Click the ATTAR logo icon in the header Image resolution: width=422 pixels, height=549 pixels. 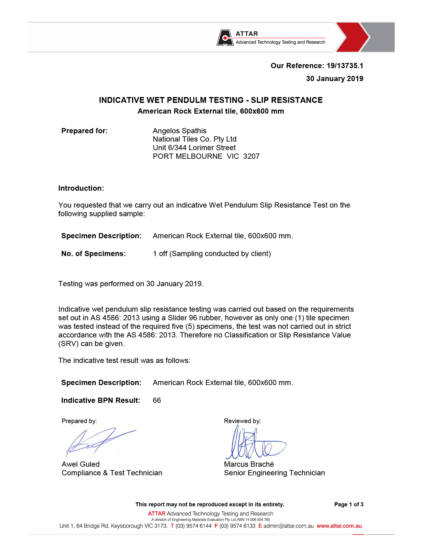pyautogui.click(x=224, y=38)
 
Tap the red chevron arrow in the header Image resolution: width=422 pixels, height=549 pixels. pyautogui.click(x=352, y=37)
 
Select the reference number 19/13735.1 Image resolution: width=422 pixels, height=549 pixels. pyautogui.click(x=345, y=66)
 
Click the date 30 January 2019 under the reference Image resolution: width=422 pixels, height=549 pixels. pyautogui.click(x=335, y=79)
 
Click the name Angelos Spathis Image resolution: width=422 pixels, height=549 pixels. pyautogui.click(x=180, y=131)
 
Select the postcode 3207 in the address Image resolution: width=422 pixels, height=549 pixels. pyautogui.click(x=251, y=156)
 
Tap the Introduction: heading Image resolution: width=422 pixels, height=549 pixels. pyautogui.click(x=81, y=188)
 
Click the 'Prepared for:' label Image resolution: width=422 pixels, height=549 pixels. pyautogui.click(x=84, y=131)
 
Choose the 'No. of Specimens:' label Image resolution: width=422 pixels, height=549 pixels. pyautogui.click(x=93, y=254)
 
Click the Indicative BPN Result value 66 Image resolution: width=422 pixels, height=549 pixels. pyautogui.click(x=157, y=400)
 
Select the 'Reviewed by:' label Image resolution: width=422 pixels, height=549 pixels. pyautogui.click(x=242, y=421)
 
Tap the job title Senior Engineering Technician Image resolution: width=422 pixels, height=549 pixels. pyautogui.click(x=274, y=473)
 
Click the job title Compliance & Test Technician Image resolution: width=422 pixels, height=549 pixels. pyautogui.click(x=112, y=473)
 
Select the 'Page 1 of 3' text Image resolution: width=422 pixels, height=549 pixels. pyautogui.click(x=349, y=504)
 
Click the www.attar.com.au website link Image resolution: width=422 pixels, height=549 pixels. pyautogui.click(x=339, y=526)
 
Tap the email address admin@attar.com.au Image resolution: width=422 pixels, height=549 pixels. pyautogui.click(x=288, y=526)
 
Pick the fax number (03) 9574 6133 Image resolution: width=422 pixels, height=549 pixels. pyautogui.click(x=237, y=526)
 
